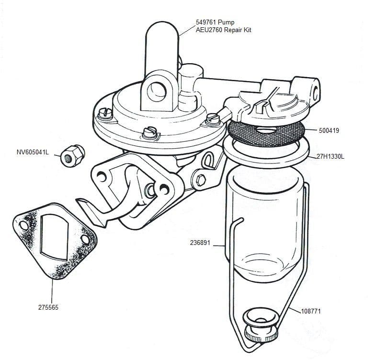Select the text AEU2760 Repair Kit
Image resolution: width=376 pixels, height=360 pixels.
(x=223, y=30)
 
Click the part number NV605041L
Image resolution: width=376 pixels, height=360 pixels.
(x=33, y=153)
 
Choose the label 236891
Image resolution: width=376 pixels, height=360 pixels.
(x=200, y=243)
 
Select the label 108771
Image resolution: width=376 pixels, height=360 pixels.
(x=311, y=311)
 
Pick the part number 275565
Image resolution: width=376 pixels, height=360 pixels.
(x=48, y=307)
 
